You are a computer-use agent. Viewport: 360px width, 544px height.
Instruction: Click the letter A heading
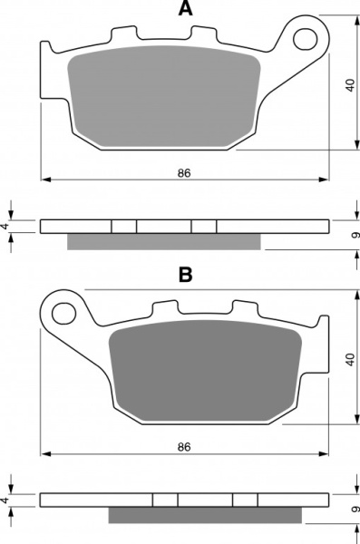tap(185, 8)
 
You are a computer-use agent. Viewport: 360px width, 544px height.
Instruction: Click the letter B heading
tap(185, 274)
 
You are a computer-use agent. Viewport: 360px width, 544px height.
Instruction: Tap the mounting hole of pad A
tap(306, 39)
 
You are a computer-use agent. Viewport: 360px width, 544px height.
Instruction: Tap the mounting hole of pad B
tap(63, 313)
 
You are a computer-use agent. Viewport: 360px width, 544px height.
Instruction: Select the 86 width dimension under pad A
tap(184, 173)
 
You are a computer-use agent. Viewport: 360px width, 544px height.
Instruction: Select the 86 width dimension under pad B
tap(184, 447)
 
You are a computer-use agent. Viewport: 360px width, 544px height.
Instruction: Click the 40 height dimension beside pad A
tap(351, 85)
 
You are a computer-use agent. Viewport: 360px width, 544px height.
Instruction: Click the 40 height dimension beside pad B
tap(351, 359)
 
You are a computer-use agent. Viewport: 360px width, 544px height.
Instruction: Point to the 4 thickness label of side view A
tap(5, 226)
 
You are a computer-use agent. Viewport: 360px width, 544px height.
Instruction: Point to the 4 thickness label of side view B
tap(5, 500)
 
